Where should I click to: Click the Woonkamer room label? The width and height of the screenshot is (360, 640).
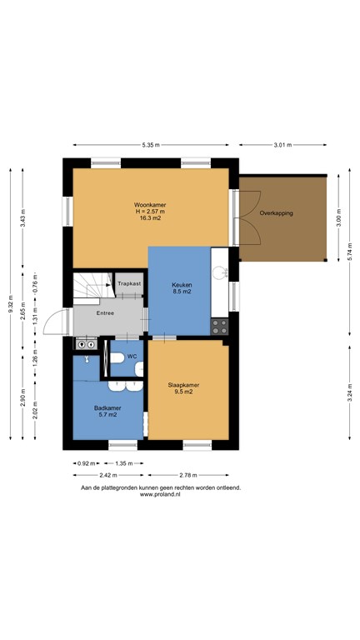[150, 205]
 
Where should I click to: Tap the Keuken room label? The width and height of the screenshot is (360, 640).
[182, 285]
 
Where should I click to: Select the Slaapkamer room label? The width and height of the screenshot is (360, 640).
[183, 385]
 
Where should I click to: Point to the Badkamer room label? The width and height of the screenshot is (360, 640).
[107, 407]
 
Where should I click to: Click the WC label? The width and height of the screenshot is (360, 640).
[132, 357]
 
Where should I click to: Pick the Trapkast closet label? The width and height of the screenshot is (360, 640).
[129, 283]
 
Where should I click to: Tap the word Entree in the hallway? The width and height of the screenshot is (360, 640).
[105, 313]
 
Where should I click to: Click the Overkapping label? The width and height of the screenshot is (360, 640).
[277, 212]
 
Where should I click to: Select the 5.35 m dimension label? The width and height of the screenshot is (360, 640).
[151, 145]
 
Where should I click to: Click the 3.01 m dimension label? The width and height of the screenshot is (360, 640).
[282, 145]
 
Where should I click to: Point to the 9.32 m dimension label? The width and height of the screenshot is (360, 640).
[11, 304]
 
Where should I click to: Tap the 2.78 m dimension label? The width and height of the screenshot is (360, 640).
[188, 475]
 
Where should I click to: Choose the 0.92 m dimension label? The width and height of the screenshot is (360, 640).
[86, 463]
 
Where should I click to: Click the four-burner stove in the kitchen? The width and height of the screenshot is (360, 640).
[219, 326]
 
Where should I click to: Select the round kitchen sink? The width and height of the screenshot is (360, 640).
[220, 272]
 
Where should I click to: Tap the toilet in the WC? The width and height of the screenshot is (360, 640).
[117, 359]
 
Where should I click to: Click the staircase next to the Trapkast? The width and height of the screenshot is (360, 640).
[93, 285]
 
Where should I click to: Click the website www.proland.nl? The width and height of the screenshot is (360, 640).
[160, 494]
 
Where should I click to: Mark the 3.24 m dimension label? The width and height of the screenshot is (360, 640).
[350, 391]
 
